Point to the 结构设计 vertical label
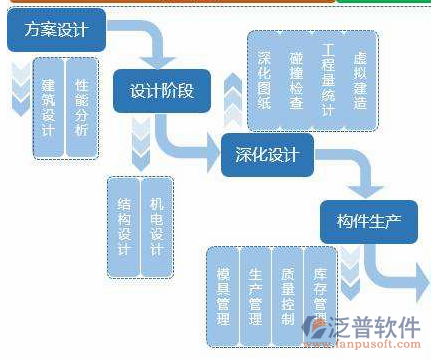(124, 225)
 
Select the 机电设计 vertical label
(155, 225)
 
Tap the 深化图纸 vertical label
(266, 80)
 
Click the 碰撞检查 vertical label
(297, 80)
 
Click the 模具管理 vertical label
(223, 297)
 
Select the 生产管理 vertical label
(255, 297)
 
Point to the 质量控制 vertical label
(288, 297)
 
